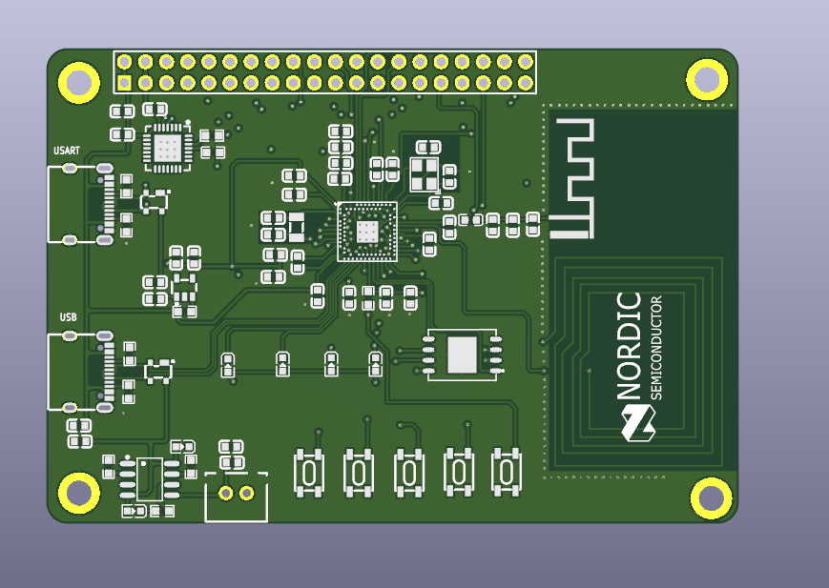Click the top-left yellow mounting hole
coord(78,82)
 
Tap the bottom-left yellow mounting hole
coord(78,493)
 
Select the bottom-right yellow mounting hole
coord(711,497)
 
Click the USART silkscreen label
coord(67,151)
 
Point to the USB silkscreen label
coord(68,317)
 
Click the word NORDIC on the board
coord(630,345)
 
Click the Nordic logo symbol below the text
coord(637,422)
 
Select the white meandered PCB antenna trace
coord(572,177)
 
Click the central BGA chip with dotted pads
coord(367,231)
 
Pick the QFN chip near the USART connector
coord(167,148)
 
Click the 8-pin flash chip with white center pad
coord(463,355)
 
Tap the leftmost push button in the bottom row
coord(309,472)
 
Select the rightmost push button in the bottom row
coord(507,471)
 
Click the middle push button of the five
coord(408,472)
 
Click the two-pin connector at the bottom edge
coord(236,494)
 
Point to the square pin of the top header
coord(125,83)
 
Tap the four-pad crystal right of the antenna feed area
coord(424,173)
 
